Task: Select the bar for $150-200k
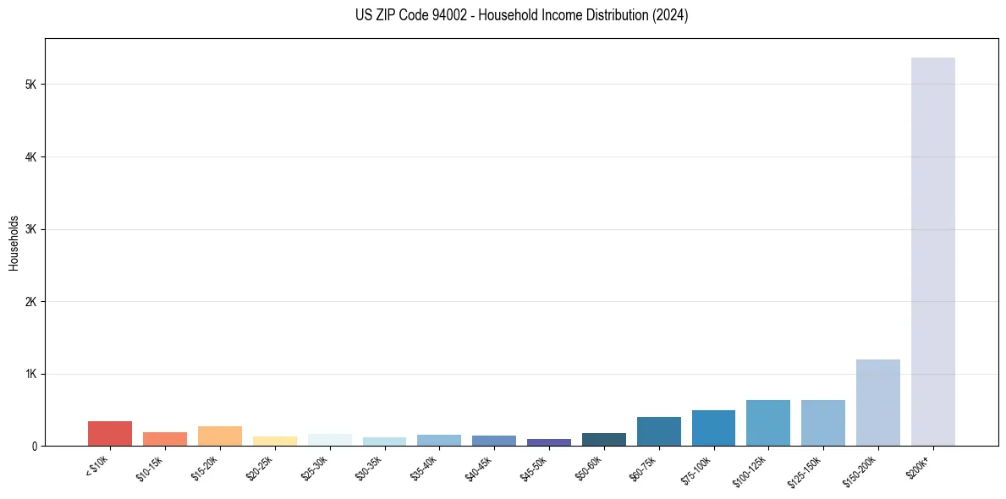877,403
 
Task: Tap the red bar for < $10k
110,433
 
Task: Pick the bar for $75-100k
713,428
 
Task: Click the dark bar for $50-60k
603,439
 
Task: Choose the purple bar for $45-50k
548,442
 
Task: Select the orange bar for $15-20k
219,436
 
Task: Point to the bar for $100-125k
768,423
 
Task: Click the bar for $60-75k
658,431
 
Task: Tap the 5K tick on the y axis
31,85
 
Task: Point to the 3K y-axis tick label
31,229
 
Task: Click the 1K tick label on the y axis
31,374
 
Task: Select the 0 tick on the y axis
35,446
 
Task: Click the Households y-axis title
14,243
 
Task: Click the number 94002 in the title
449,15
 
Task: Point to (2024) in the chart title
670,15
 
